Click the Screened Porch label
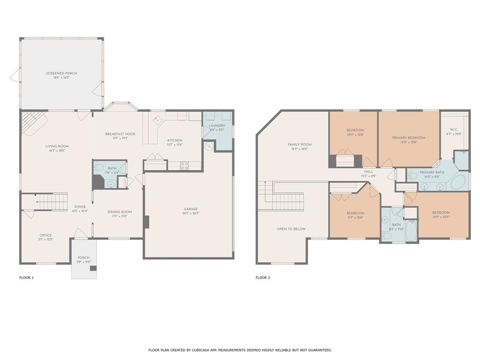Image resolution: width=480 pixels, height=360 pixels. [x=61, y=73]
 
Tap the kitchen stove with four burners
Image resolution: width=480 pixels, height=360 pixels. [x=185, y=165]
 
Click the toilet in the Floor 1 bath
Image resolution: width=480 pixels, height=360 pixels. [x=99, y=168]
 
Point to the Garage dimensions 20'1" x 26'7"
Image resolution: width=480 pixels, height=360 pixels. [x=191, y=213]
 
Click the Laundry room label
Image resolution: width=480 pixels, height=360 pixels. [x=217, y=126]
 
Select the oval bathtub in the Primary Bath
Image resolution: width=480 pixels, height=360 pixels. [x=459, y=182]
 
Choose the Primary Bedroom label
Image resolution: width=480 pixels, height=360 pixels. [x=408, y=138]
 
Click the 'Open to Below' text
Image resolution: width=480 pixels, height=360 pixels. [x=291, y=229]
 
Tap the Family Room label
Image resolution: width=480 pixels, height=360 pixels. [x=300, y=144]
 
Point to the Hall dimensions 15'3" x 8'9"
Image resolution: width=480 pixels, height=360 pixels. [x=369, y=176]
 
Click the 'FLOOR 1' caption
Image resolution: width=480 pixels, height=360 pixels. [x=26, y=277]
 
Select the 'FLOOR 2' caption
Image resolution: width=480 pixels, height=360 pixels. [x=263, y=277]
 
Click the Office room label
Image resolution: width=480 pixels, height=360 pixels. [x=45, y=235]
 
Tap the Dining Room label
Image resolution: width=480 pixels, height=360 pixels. [x=120, y=212]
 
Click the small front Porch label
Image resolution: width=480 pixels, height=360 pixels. [x=83, y=258]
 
